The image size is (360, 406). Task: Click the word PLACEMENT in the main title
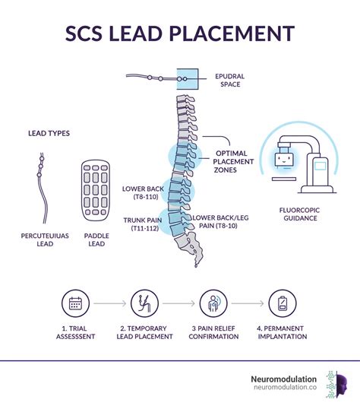(x=232, y=33)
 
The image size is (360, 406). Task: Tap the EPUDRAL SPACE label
(x=230, y=81)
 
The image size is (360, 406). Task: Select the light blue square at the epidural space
(x=188, y=79)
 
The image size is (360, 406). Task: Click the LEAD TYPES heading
(x=49, y=133)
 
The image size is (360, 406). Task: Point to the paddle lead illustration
(x=96, y=190)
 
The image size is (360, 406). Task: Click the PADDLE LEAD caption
(x=96, y=239)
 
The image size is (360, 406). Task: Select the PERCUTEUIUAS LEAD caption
(x=45, y=239)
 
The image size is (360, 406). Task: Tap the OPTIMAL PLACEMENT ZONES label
(x=233, y=162)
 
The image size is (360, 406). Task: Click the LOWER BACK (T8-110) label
(x=144, y=193)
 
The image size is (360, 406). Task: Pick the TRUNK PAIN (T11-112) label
(x=143, y=224)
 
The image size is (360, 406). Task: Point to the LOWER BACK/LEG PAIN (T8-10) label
(x=220, y=222)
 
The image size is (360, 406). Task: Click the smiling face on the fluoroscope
(x=284, y=160)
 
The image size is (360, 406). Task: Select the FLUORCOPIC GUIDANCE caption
(x=300, y=214)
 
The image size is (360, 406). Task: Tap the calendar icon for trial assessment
(x=75, y=303)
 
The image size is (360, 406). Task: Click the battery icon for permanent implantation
(x=283, y=303)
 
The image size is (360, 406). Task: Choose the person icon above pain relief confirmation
(x=213, y=303)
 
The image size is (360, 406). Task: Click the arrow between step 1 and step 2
(x=110, y=303)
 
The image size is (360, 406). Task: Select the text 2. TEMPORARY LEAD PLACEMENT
(x=144, y=332)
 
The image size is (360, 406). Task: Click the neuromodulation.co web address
(x=286, y=387)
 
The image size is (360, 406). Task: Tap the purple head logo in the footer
(x=341, y=385)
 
